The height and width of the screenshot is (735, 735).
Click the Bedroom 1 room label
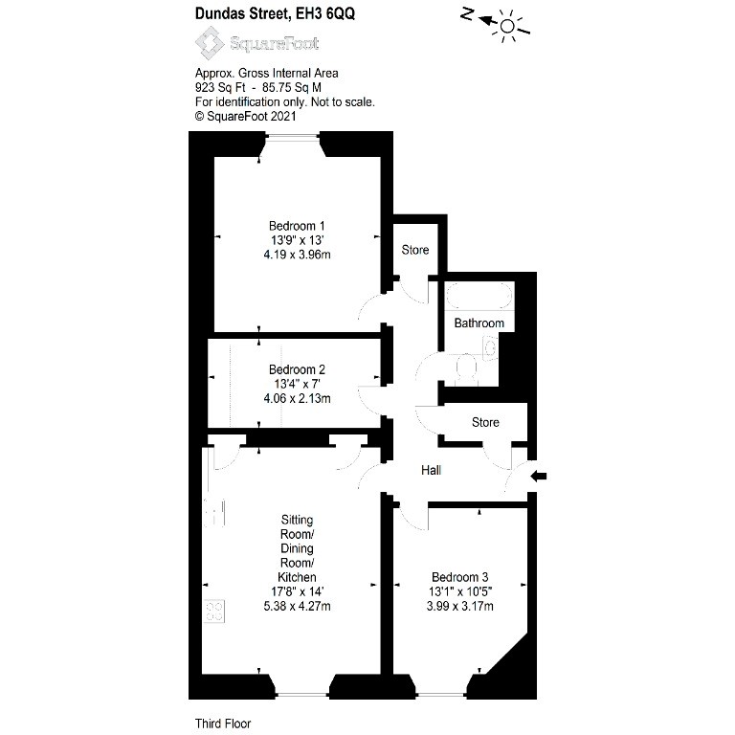297,226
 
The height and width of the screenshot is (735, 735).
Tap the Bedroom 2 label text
297,369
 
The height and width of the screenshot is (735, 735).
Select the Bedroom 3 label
459,577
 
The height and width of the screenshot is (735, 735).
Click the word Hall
431,470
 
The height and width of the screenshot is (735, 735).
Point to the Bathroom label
479,323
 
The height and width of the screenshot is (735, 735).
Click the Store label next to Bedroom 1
414,250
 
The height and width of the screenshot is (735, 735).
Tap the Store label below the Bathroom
485,422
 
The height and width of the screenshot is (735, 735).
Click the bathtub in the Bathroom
479,296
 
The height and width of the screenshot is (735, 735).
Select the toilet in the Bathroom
466,367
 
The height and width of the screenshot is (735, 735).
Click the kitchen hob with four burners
214,612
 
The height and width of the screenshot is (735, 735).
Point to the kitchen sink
213,512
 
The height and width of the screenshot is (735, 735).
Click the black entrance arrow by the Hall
539,477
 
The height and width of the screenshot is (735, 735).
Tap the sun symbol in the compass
507,26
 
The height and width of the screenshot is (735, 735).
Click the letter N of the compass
467,14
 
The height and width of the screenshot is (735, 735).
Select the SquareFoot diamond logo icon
210,43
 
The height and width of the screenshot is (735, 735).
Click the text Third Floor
223,724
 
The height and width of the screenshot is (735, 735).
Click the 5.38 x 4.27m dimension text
297,606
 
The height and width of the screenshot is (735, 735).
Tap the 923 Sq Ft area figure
220,88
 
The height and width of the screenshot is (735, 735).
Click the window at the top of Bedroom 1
293,137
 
